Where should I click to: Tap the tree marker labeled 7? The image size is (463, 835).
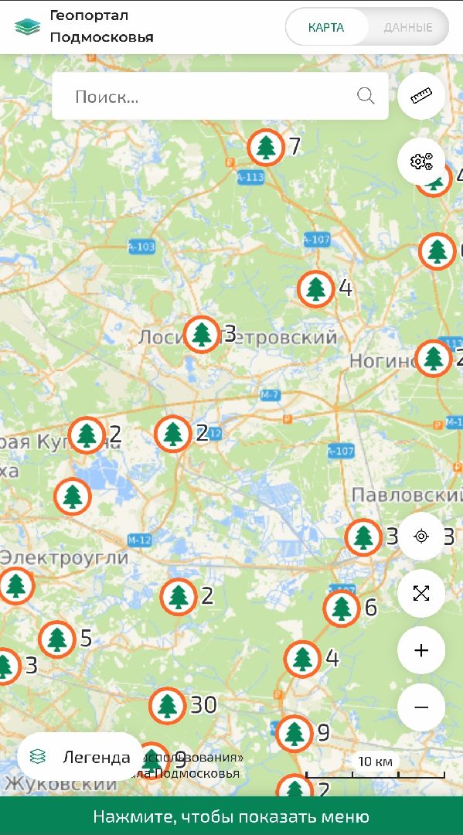pos(266,146)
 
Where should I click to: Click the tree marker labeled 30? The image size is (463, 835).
pos(167,705)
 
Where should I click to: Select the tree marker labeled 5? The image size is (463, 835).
pos(57,639)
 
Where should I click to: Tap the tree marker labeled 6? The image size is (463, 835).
pos(342,608)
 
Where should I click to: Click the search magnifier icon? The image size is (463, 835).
pos(366,96)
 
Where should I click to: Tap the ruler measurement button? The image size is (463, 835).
pos(421,96)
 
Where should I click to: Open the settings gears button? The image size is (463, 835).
pos(421,161)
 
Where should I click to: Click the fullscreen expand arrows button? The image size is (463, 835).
pos(421,593)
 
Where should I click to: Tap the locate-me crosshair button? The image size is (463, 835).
pos(421,536)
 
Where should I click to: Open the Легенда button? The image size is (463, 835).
pos(80,757)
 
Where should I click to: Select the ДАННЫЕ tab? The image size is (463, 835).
pos(408,28)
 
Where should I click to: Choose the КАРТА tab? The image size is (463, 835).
pos(326,28)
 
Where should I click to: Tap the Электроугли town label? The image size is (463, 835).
pos(64,557)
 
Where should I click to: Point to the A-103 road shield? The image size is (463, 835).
pos(141,247)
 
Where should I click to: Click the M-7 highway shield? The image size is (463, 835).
pos(270,395)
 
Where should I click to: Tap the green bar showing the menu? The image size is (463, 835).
pos(231,816)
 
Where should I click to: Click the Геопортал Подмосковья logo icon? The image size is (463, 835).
pos(27,26)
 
